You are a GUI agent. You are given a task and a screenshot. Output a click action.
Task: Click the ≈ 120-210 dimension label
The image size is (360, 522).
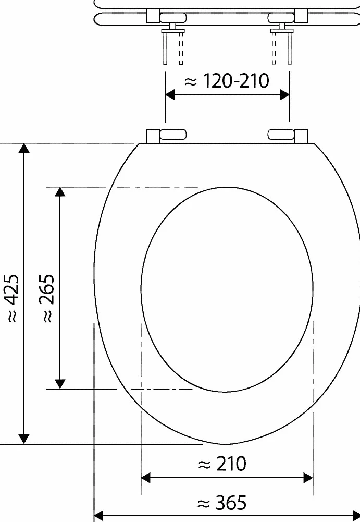[x=227, y=81]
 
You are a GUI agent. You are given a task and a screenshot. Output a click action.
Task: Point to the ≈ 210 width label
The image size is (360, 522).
[x=222, y=464]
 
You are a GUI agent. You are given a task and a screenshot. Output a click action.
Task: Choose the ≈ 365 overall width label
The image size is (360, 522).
[x=222, y=502]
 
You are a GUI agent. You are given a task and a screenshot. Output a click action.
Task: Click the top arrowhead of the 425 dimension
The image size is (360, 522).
[x=24, y=148]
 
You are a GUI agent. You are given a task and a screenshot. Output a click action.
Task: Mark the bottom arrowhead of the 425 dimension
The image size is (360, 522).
[x=24, y=439]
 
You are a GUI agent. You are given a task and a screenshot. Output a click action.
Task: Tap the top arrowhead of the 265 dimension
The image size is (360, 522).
[x=60, y=192]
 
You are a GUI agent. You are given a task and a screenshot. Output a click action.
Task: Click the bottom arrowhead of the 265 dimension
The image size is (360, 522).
[x=60, y=384]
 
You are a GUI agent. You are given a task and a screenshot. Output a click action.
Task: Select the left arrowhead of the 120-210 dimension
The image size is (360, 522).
[x=170, y=95]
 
